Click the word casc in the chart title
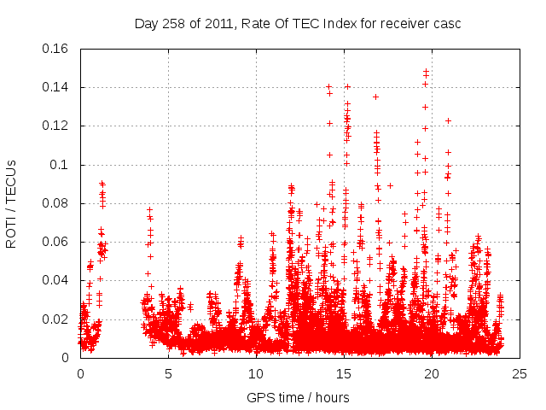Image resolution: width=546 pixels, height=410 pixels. [447, 23]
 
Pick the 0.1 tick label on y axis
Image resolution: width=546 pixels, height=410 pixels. [61, 165]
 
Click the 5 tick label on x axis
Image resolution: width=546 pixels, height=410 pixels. [168, 373]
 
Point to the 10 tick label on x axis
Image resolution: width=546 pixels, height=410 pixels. [256, 373]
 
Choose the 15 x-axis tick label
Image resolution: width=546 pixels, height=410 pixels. [344, 373]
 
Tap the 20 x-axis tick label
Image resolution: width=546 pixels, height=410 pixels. [432, 373]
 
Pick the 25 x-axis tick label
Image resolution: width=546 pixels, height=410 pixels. [520, 373]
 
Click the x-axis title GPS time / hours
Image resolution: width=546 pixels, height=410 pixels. [298, 397]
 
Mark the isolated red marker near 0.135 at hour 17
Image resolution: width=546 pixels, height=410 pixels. [375, 97]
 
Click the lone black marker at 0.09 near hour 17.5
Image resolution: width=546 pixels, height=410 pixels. [390, 185]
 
